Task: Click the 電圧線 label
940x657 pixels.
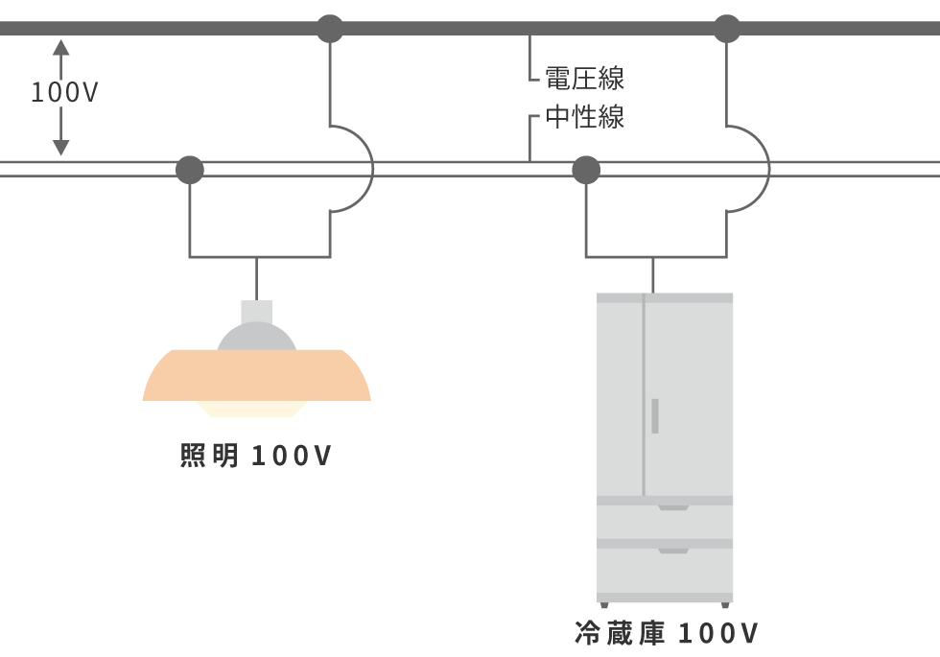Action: [584, 77]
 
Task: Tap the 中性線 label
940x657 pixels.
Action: [584, 117]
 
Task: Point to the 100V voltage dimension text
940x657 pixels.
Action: [64, 93]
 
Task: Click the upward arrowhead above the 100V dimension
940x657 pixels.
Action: [61, 46]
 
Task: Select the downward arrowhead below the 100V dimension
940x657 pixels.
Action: [61, 147]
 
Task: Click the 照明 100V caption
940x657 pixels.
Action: [255, 457]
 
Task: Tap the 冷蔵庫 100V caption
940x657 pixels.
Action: [667, 633]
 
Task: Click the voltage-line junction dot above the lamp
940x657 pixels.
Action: [330, 29]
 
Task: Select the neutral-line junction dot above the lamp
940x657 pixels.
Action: [190, 170]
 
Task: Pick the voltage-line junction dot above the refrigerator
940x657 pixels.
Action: [727, 29]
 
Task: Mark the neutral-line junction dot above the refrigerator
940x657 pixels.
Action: [586, 170]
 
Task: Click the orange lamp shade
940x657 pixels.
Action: [256, 376]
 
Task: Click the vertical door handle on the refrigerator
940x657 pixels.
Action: [655, 415]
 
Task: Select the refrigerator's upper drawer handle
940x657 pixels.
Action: [672, 507]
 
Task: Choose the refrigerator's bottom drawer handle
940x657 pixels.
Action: [672, 551]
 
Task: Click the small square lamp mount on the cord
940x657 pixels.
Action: [256, 311]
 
